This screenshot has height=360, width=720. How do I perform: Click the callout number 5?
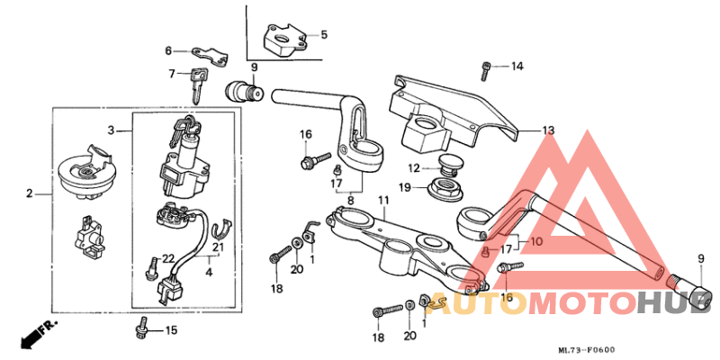[x=324, y=35]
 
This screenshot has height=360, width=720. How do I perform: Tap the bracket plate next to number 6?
[x=208, y=55]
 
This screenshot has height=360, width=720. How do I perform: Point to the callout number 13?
[x=548, y=130]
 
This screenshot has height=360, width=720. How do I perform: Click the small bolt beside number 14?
[x=487, y=67]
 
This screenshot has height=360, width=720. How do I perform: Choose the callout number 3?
[x=111, y=130]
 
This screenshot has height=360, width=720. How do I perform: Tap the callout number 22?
[x=167, y=259]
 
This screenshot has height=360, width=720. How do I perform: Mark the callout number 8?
[x=349, y=201]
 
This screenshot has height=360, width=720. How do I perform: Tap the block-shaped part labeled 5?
[x=283, y=40]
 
